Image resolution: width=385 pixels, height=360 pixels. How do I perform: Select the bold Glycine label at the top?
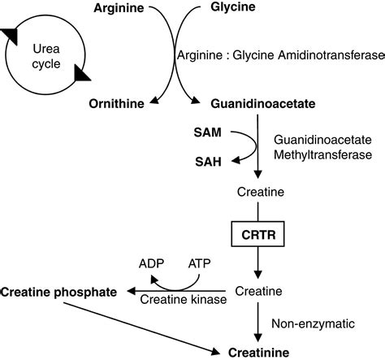[x=224, y=7]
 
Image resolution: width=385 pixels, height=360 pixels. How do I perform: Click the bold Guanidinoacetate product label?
[x=252, y=105]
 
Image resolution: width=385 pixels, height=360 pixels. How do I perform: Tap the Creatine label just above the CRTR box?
[x=257, y=193]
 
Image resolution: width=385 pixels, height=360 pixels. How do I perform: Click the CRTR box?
[x=257, y=236]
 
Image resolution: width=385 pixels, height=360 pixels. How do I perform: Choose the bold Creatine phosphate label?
[x=58, y=290]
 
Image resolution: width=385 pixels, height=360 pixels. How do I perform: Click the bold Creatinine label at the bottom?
[x=257, y=351]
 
